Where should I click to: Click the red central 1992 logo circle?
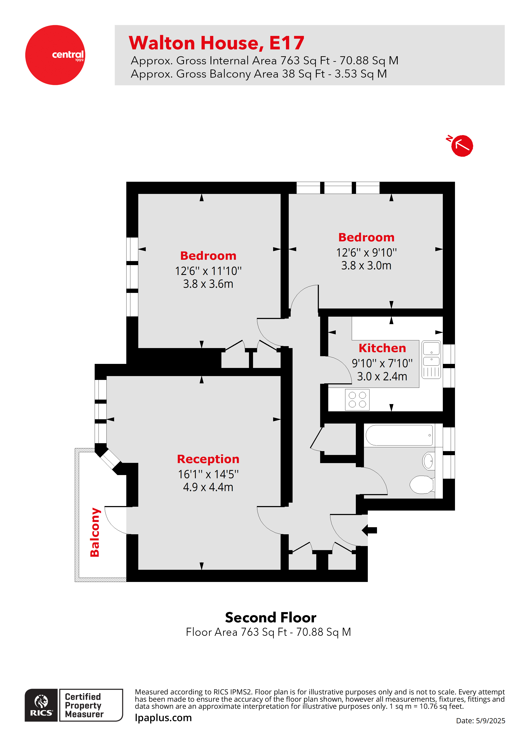[55, 55]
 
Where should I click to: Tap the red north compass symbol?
[461, 146]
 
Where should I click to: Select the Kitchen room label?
[382, 348]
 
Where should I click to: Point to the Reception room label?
[208, 459]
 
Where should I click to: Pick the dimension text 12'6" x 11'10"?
[208, 271]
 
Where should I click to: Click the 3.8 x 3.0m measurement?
[366, 266]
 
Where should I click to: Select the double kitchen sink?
[431, 359]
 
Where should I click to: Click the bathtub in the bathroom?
[399, 435]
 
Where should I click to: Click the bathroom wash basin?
[428, 461]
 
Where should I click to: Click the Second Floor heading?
[270, 618]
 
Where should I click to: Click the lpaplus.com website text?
[163, 718]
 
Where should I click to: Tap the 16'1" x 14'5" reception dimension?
[208, 474]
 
